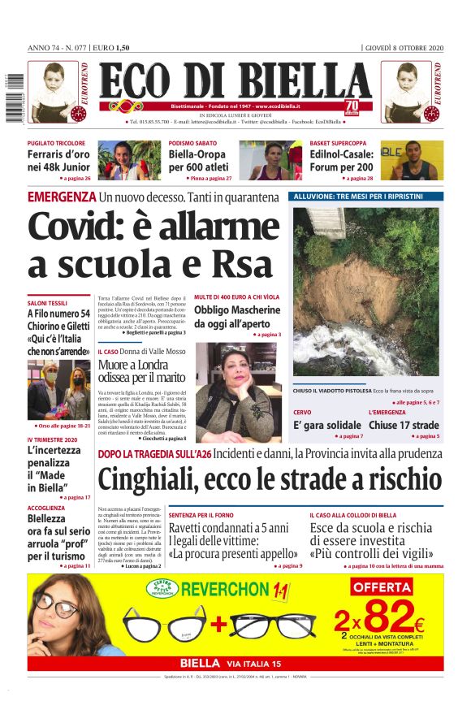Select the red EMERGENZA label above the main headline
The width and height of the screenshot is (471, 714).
[62, 197]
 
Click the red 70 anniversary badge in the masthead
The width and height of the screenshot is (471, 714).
[352, 107]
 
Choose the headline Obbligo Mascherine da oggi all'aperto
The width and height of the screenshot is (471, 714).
[237, 316]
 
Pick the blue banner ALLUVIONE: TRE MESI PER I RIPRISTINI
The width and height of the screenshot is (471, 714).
[365, 197]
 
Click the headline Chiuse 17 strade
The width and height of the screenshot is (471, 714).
[404, 425]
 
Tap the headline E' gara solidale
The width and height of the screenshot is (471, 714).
[327, 425]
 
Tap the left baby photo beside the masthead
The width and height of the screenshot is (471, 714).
[54, 91]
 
